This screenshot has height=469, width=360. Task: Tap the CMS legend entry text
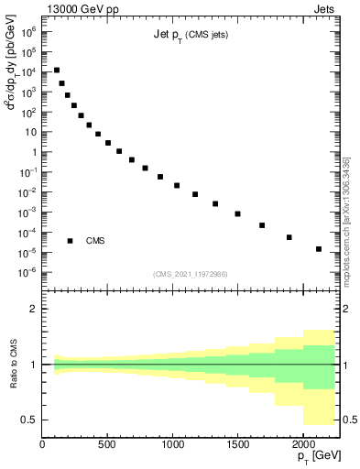pyautogui.click(x=95, y=241)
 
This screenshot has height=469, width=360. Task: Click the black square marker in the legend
pyautogui.click(x=70, y=241)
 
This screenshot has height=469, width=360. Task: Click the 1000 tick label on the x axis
pyautogui.click(x=173, y=444)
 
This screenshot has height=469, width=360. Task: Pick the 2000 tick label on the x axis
pyautogui.click(x=303, y=444)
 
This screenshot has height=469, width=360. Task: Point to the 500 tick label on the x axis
pyautogui.click(x=108, y=444)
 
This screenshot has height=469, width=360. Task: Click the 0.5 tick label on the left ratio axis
pyautogui.click(x=29, y=420)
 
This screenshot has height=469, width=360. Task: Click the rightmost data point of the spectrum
pyautogui.click(x=319, y=249)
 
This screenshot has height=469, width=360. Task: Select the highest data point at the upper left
pyautogui.click(x=57, y=70)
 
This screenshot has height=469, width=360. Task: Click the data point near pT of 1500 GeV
pyautogui.click(x=237, y=213)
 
